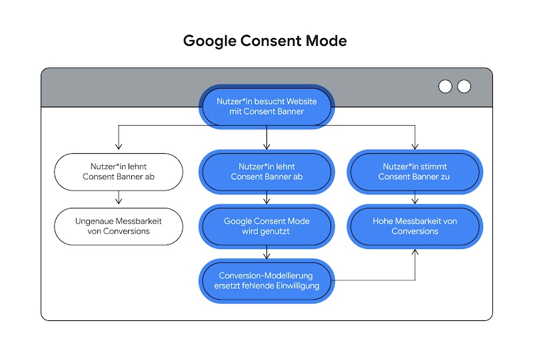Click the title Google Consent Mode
coord(265,41)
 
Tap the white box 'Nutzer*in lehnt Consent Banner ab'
coord(119,172)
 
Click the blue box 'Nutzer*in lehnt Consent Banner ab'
coord(266,172)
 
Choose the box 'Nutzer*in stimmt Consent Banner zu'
coord(414,172)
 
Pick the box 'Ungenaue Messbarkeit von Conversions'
coord(119,226)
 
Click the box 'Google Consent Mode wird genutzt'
coord(266,226)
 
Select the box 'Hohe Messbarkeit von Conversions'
coord(414,226)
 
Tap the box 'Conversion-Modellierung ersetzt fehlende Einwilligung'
coord(266,280)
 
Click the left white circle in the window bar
coord(445,87)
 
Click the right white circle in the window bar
coord(464,87)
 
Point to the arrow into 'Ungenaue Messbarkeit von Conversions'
coord(119,199)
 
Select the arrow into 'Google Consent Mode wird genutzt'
coord(266,199)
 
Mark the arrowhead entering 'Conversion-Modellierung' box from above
coord(266,255)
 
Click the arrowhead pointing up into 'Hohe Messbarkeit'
coord(414,252)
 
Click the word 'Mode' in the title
coord(324,41)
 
